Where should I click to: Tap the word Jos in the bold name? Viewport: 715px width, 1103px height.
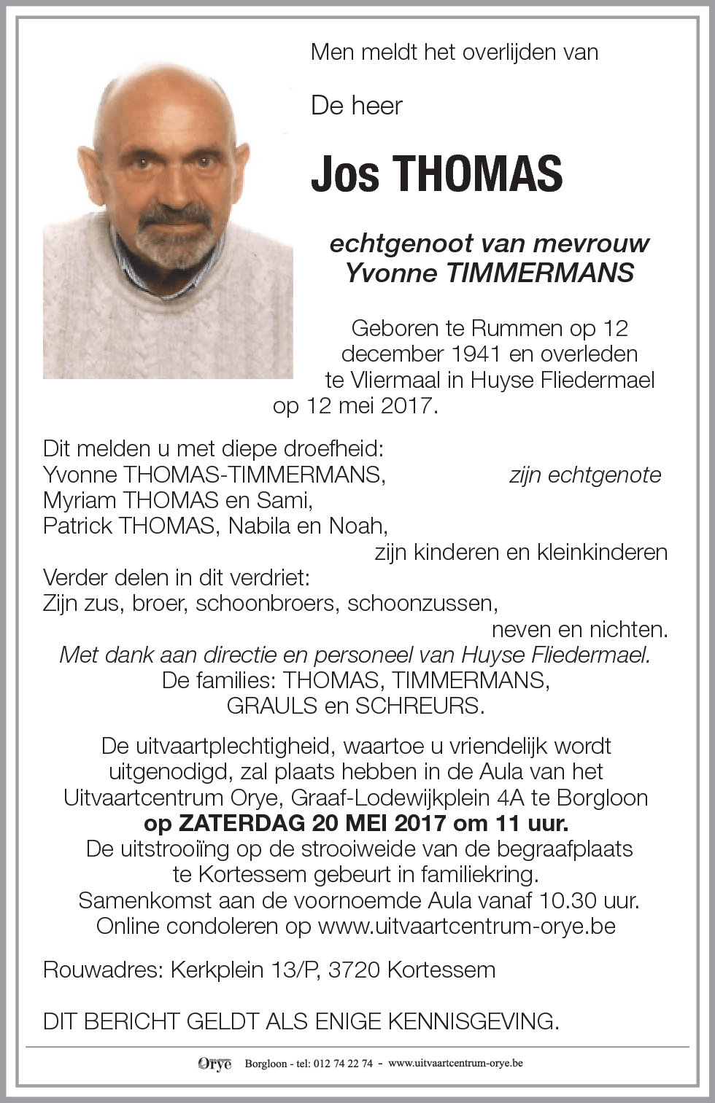point(345,174)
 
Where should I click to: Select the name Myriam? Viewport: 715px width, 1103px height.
point(80,500)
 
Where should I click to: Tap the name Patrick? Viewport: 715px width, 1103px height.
point(77,526)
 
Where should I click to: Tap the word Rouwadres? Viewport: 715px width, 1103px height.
point(103,970)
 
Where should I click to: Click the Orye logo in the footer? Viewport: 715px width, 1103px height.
point(214,1064)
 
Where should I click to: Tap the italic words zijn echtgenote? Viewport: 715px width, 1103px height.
point(585,475)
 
